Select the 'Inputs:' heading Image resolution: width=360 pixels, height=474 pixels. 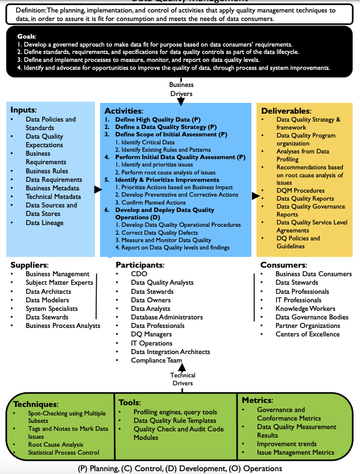coord(23,110)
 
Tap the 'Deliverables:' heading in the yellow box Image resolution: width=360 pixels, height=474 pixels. coord(285,110)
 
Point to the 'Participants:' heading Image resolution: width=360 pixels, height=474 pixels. coord(140,265)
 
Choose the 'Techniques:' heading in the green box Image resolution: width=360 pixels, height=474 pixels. coord(36,404)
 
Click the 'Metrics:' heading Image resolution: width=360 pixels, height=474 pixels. coord(258,400)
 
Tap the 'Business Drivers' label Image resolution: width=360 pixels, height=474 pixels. coord(181,89)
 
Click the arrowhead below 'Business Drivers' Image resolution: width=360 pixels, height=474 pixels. coord(181,102)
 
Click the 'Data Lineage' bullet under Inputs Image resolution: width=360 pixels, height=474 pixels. coord(45,223)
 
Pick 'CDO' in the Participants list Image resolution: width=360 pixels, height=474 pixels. coord(139,274)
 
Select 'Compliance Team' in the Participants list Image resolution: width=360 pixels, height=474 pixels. coord(156,360)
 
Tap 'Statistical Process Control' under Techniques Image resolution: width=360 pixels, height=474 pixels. coord(64,452)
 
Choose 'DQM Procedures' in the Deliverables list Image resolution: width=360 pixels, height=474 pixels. coord(300,190)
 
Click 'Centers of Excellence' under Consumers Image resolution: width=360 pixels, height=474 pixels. coord(308,334)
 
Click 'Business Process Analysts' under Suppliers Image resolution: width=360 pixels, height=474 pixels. coord(63,326)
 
